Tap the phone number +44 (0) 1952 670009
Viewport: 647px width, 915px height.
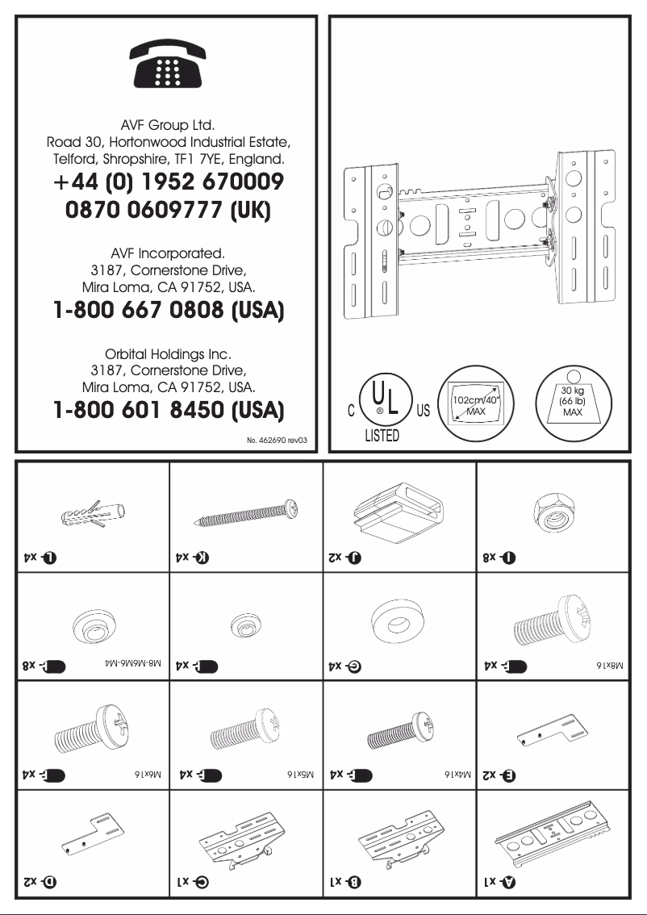point(167,182)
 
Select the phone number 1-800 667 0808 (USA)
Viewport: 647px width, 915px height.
point(167,311)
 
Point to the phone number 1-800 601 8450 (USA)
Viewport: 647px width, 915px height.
point(167,412)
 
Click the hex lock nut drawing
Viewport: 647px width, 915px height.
point(553,511)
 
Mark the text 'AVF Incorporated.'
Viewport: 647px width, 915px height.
point(167,252)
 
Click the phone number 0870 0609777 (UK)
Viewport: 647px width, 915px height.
point(167,210)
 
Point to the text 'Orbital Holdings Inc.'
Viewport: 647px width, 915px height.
point(167,353)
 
